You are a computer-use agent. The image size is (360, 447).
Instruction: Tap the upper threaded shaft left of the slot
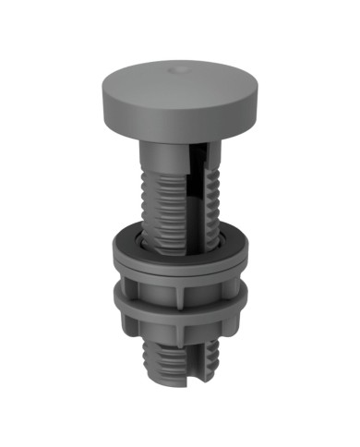[x=162, y=199]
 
